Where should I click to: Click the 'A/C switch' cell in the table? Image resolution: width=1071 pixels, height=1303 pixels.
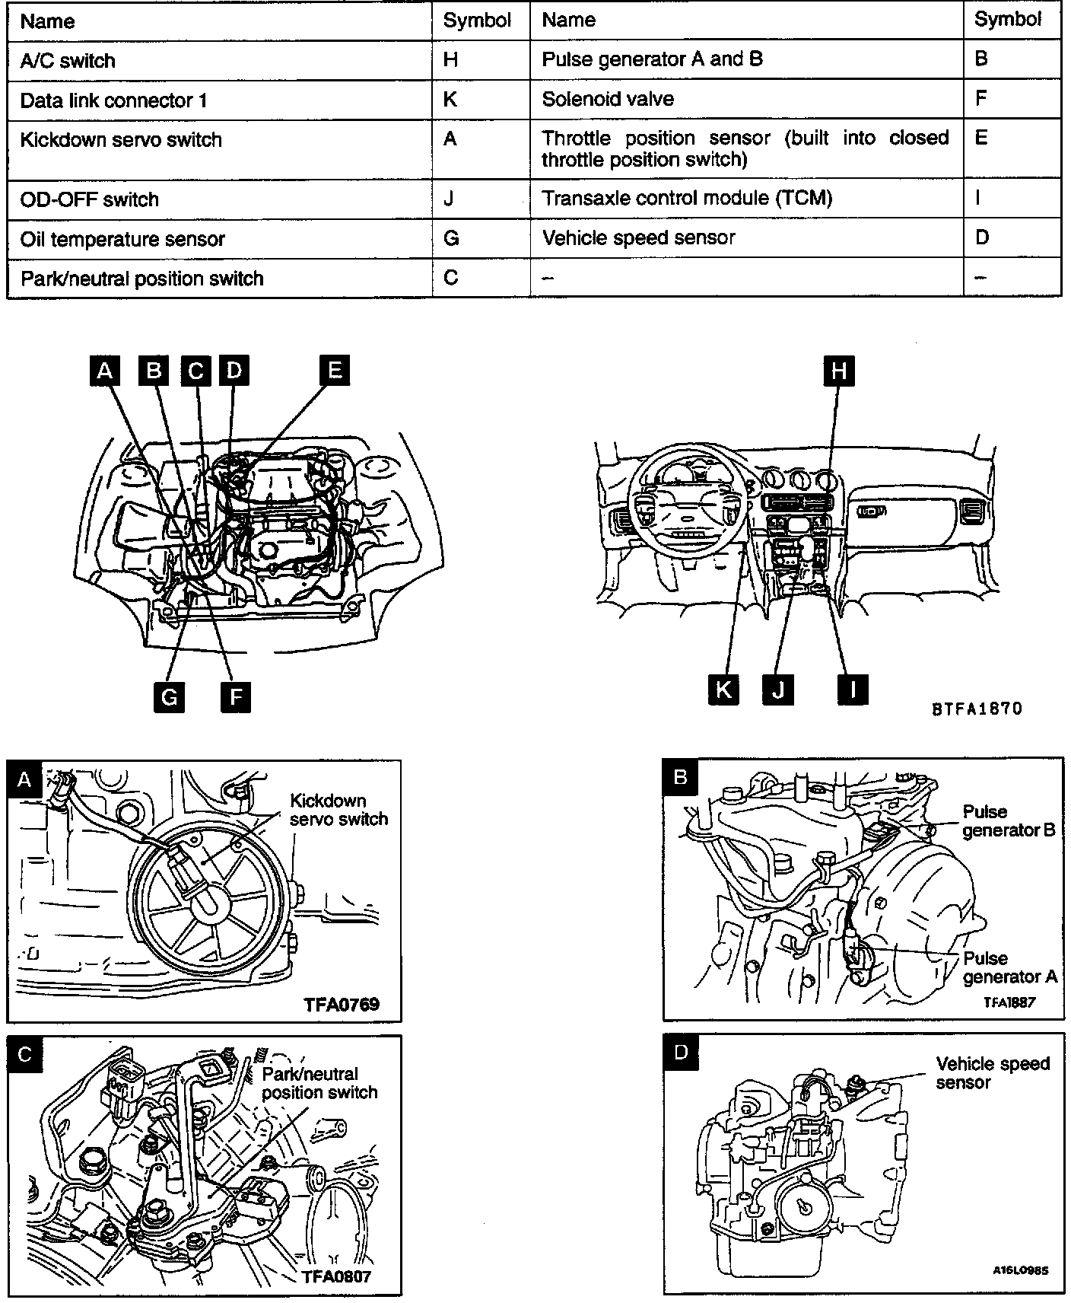click(68, 61)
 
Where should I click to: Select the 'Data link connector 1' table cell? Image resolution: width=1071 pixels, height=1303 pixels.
click(113, 100)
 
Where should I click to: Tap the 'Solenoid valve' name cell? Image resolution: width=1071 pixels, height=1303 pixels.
click(608, 99)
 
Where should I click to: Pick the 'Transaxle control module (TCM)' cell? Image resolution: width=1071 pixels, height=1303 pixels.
click(687, 199)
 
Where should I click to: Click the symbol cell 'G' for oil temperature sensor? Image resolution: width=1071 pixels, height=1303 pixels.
click(451, 239)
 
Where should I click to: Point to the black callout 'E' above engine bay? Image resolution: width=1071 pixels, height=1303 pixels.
click(334, 371)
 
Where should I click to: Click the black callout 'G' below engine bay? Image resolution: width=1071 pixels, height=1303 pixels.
click(169, 696)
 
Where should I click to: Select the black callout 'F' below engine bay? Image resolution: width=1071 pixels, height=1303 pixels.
click(235, 696)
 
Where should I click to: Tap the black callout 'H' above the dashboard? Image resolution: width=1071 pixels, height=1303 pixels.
click(838, 371)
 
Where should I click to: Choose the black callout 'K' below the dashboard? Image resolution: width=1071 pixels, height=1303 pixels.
click(723, 690)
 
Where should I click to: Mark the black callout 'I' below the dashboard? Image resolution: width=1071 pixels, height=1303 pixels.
click(852, 690)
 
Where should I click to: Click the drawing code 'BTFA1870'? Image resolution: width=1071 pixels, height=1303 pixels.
click(977, 709)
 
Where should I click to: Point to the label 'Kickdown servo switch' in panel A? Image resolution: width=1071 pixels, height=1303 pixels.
click(339, 810)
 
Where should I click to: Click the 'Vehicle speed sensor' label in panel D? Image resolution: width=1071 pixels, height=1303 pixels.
click(993, 1073)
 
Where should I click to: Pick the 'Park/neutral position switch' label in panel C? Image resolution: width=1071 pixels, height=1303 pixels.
click(319, 1083)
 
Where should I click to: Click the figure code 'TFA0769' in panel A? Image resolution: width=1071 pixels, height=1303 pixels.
click(342, 1004)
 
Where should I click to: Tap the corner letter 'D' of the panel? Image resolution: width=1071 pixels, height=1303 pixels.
click(680, 1052)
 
